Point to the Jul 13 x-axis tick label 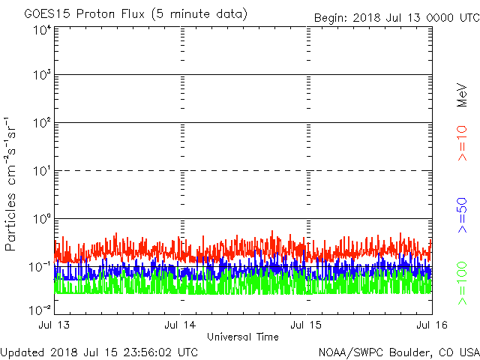tap(55, 325)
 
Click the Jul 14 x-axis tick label tap(181, 325)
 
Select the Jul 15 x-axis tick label tap(307, 325)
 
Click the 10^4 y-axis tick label tap(40, 30)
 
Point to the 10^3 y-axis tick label tap(40, 76)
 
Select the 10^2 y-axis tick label tap(40, 124)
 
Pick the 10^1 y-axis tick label tap(40, 172)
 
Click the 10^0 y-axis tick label tap(40, 220)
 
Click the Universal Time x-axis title tap(243, 337)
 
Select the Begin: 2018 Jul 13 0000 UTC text tap(396, 18)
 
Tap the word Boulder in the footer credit tap(409, 352)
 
